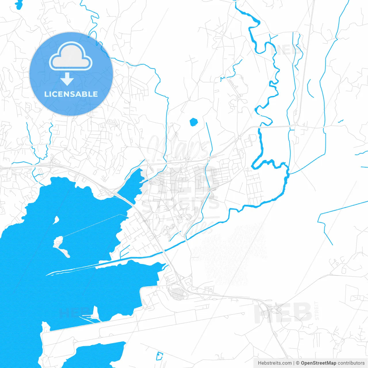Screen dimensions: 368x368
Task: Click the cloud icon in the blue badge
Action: click(71, 56)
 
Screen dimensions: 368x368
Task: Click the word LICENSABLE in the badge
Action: click(71, 94)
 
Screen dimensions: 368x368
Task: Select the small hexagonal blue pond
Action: click(194, 122)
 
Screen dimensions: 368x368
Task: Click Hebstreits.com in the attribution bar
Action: click(275, 363)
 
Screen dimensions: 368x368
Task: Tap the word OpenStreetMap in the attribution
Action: click(318, 363)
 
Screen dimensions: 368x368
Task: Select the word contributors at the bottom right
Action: click(351, 363)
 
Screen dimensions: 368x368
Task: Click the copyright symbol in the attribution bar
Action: click(298, 363)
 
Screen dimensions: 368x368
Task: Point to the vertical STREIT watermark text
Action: click(317, 311)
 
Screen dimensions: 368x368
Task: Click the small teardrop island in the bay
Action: click(56, 220)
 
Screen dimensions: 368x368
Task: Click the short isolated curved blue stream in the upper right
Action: click(310, 89)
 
